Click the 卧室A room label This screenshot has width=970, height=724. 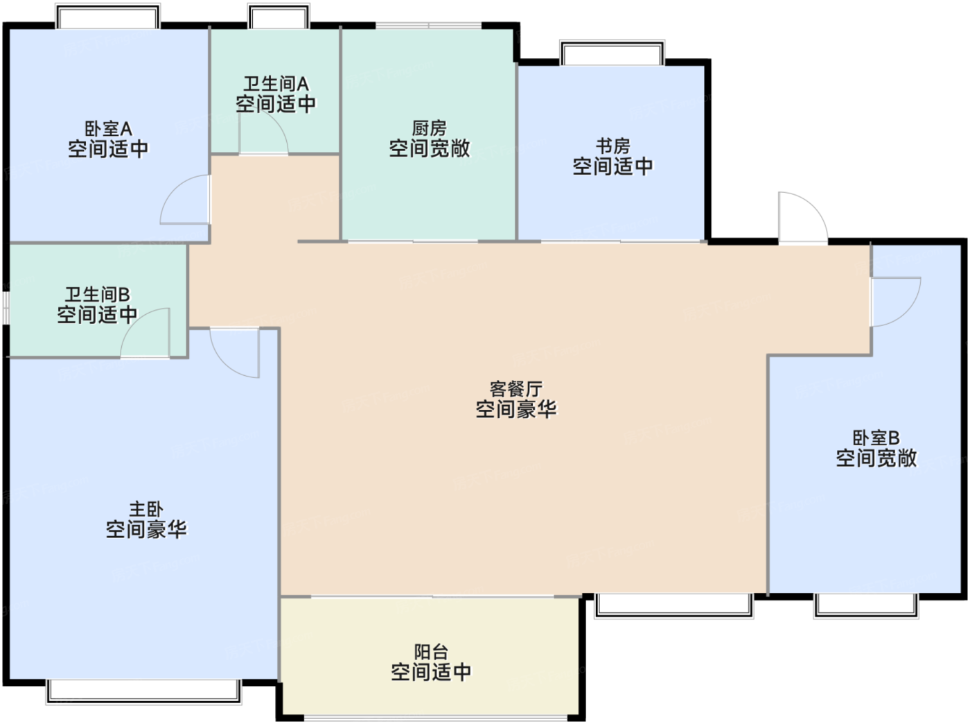[108, 129]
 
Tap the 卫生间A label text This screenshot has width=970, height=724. [276, 84]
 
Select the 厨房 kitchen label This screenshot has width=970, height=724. [429, 128]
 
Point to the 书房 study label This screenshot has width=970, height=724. [612, 146]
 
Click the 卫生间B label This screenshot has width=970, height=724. [97, 295]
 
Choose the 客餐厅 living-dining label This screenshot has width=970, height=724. [515, 389]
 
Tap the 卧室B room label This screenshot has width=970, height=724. [876, 438]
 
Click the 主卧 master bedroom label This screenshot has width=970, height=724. [145, 509]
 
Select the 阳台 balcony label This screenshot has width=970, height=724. [431, 652]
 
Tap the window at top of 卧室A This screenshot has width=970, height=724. [108, 16]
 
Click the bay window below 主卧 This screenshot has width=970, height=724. [144, 691]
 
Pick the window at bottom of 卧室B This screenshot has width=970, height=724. [866, 606]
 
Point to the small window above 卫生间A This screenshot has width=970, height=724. [279, 16]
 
